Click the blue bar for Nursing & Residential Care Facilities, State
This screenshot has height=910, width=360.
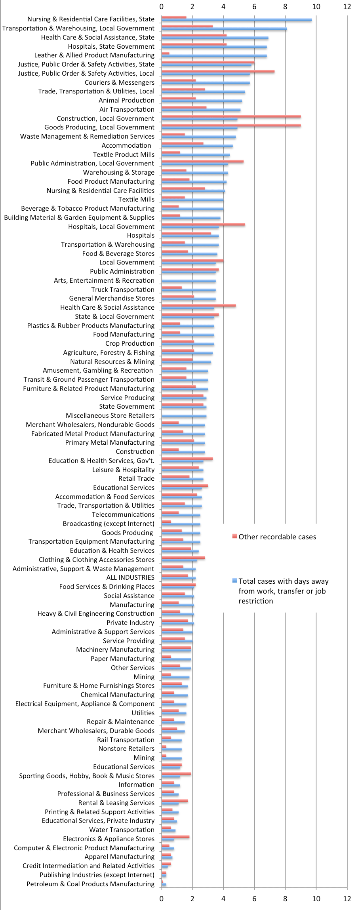point(236,20)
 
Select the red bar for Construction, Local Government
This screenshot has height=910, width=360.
point(231,116)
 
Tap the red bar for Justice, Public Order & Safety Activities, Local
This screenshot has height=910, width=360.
point(218,71)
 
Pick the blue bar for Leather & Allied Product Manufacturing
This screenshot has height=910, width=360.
point(214,56)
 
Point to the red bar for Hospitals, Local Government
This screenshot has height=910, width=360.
point(203,225)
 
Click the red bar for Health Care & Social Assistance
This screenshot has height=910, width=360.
point(198,306)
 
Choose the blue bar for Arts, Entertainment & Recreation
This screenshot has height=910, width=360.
point(189,281)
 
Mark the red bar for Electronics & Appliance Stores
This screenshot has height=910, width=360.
point(175,837)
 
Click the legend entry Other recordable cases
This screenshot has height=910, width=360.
point(277,537)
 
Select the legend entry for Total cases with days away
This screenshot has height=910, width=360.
point(284,581)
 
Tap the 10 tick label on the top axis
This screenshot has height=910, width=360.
point(316,6)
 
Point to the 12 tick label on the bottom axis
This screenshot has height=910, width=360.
point(347,899)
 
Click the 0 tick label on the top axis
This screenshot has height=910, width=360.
point(162,6)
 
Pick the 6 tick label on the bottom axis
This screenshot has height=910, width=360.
point(254,899)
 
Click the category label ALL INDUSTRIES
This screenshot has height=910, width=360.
point(130,578)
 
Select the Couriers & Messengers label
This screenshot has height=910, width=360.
point(120,82)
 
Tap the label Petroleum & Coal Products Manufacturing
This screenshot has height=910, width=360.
point(91,884)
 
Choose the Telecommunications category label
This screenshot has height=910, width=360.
point(123,514)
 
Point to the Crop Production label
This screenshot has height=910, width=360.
point(130,343)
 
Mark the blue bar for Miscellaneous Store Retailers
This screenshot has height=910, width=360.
point(184,416)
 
